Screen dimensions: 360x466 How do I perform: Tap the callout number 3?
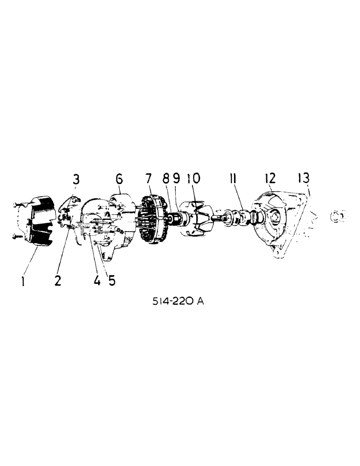76,179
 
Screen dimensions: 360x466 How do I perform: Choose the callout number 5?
111,281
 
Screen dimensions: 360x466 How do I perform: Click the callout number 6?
119,178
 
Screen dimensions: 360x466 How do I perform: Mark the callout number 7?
148,178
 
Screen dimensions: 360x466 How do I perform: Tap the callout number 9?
176,178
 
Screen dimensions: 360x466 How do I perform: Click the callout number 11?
233,178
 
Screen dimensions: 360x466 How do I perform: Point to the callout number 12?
270,178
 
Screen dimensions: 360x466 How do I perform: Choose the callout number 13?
304,178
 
